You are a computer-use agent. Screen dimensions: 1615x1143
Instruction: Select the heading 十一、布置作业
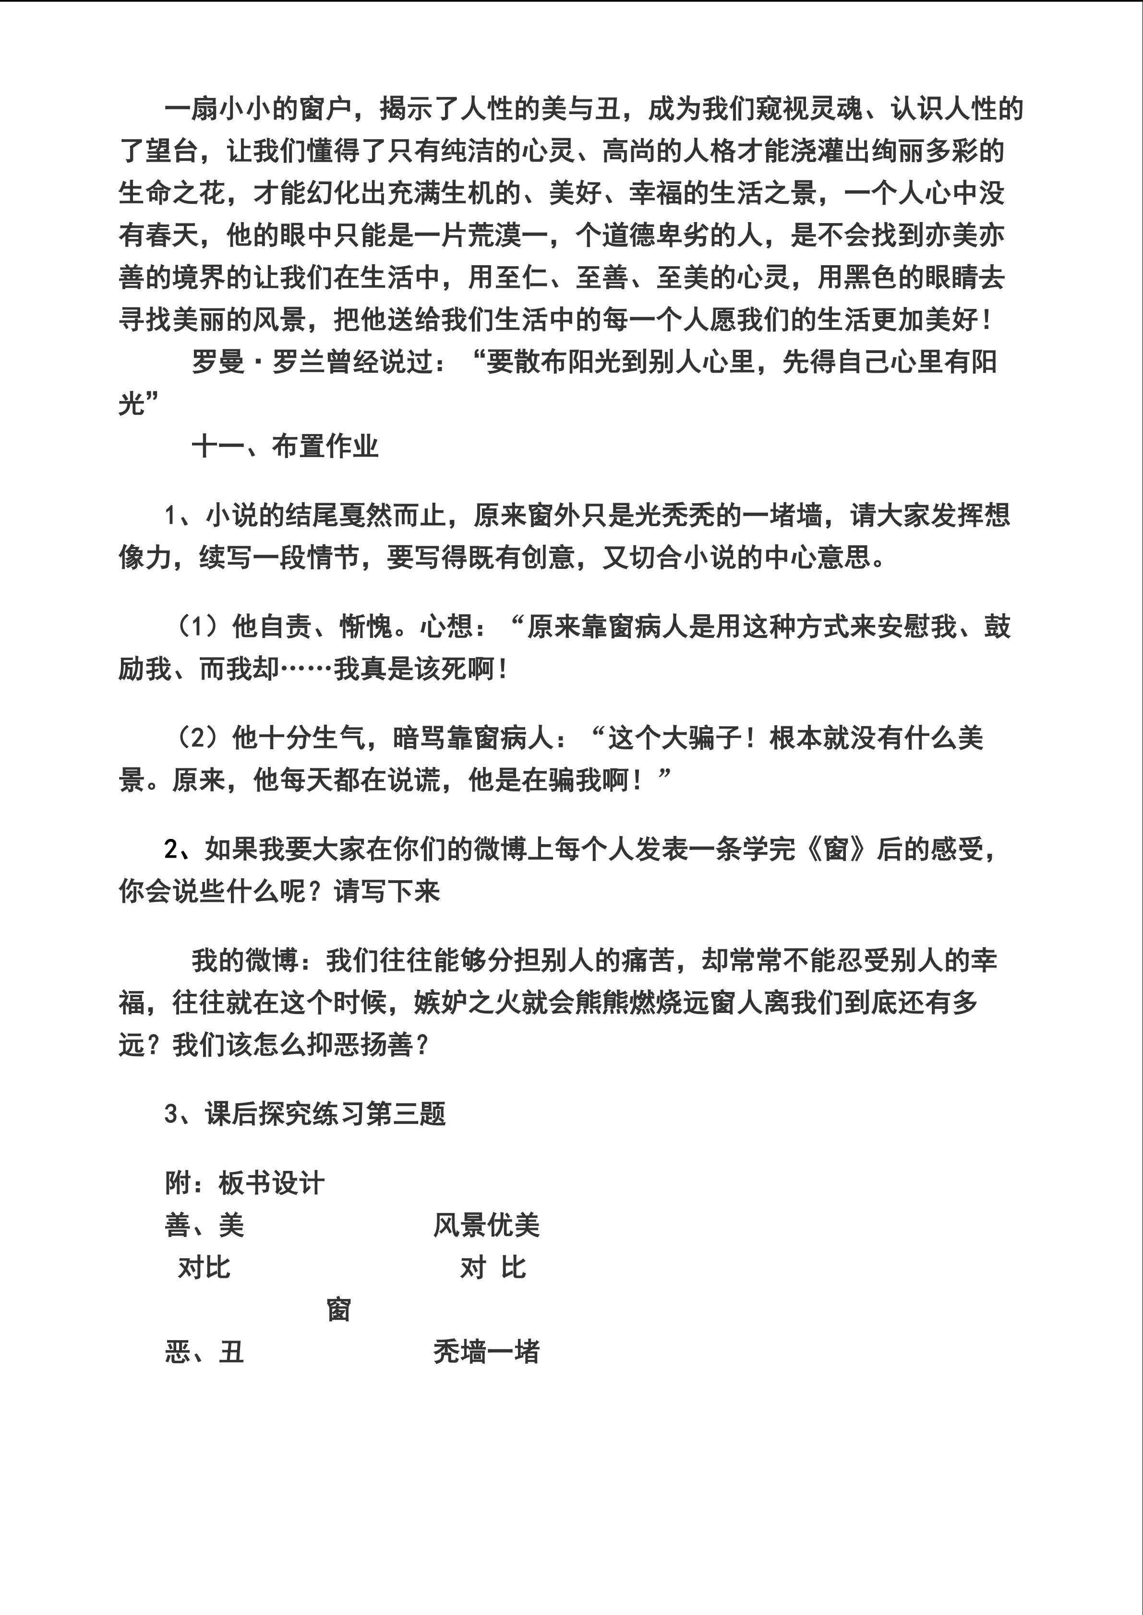tap(285, 447)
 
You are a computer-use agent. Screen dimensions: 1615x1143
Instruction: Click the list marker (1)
tap(201, 626)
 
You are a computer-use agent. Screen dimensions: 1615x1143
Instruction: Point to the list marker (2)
tap(201, 738)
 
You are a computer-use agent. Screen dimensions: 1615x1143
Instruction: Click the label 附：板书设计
tap(244, 1184)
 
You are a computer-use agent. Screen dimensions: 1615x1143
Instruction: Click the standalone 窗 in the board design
tap(338, 1310)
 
